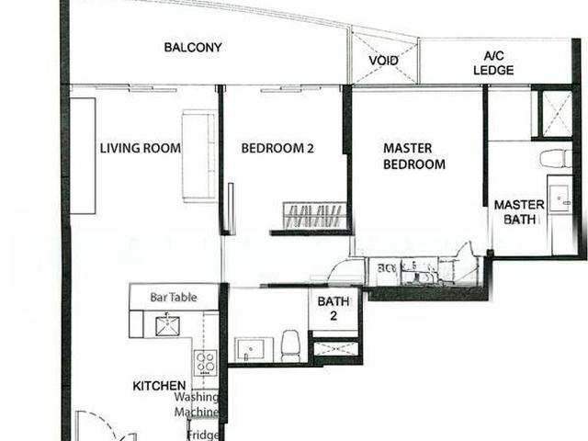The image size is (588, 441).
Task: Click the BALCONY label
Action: pyautogui.click(x=193, y=48)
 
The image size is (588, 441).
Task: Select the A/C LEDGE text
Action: pyautogui.click(x=487, y=62)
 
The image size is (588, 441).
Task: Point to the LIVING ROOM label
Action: pyautogui.click(x=140, y=149)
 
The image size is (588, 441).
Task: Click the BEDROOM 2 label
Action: pyautogui.click(x=277, y=149)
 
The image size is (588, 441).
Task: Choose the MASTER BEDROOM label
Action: pyautogui.click(x=414, y=156)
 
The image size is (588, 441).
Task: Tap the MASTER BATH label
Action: pyautogui.click(x=519, y=212)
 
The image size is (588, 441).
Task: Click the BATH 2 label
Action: pyautogui.click(x=333, y=308)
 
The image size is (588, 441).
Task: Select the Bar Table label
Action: pyautogui.click(x=174, y=298)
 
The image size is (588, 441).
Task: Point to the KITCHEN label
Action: pyautogui.click(x=159, y=386)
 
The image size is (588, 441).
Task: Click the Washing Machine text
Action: pyautogui.click(x=197, y=405)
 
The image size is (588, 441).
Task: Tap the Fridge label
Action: pyautogui.click(x=202, y=428)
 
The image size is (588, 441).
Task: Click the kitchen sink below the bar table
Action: pyautogui.click(x=168, y=325)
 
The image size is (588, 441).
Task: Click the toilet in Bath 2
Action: pyautogui.click(x=290, y=345)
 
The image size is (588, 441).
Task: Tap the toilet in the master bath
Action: pyautogui.click(x=556, y=158)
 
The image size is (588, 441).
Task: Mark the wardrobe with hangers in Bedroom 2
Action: pyautogui.click(x=315, y=216)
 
